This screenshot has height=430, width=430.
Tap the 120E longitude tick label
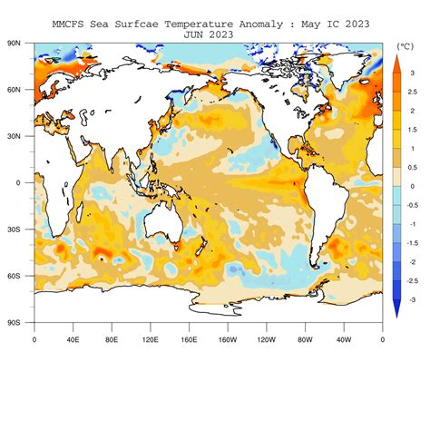(x=150, y=340)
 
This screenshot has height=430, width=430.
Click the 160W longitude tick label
(x=228, y=340)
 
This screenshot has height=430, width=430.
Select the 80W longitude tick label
(x=305, y=340)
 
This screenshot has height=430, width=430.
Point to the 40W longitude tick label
(x=344, y=340)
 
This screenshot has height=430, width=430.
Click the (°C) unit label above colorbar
(x=406, y=44)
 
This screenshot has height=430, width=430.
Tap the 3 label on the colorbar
(x=412, y=72)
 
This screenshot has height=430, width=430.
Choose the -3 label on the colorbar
(x=413, y=299)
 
